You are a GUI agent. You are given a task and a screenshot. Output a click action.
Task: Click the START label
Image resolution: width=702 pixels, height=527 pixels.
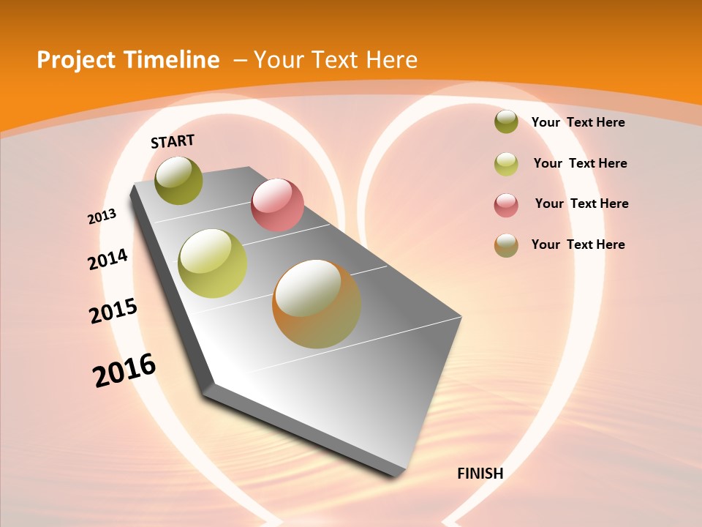pyautogui.click(x=173, y=141)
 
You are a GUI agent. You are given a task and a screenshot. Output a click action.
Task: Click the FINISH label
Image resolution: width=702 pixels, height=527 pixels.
pyautogui.click(x=480, y=474)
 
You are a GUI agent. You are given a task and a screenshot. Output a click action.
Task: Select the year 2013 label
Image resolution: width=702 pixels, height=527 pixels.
pyautogui.click(x=102, y=217)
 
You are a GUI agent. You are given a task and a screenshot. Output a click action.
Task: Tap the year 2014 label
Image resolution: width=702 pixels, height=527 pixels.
pyautogui.click(x=108, y=259)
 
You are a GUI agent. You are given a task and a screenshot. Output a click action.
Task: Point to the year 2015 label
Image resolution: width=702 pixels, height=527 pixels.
pyautogui.click(x=113, y=311)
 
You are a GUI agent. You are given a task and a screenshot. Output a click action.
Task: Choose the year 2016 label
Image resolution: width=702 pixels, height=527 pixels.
pyautogui.click(x=124, y=370)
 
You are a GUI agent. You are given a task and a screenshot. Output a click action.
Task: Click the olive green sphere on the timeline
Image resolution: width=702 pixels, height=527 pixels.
pyautogui.click(x=179, y=180)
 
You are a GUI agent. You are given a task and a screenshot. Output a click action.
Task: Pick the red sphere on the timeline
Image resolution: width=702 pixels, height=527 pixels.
pyautogui.click(x=277, y=205)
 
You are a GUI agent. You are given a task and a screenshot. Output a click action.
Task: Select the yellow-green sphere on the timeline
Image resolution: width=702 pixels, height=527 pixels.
pyautogui.click(x=213, y=263)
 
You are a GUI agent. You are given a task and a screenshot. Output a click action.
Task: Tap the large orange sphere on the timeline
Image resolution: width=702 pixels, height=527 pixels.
pyautogui.click(x=317, y=304)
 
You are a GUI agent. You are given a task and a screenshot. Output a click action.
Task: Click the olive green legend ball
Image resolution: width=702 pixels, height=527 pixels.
pyautogui.click(x=506, y=122)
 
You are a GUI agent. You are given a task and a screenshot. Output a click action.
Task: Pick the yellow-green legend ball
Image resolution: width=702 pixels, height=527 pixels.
pyautogui.click(x=506, y=164)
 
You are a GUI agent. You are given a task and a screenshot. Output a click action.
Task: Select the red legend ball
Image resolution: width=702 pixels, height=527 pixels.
pyautogui.click(x=506, y=205)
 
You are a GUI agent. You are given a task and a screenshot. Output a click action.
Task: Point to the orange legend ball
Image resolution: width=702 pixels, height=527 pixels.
pyautogui.click(x=506, y=245)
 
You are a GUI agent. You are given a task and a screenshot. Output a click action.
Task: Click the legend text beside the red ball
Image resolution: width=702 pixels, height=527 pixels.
pyautogui.click(x=581, y=203)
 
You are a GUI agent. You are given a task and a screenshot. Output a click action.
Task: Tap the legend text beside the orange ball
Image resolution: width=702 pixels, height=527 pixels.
pyautogui.click(x=578, y=244)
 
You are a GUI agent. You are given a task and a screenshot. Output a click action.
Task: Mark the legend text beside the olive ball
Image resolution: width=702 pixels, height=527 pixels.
pyautogui.click(x=578, y=122)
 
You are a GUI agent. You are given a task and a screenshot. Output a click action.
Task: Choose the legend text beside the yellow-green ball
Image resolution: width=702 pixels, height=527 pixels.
pyautogui.click(x=580, y=163)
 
